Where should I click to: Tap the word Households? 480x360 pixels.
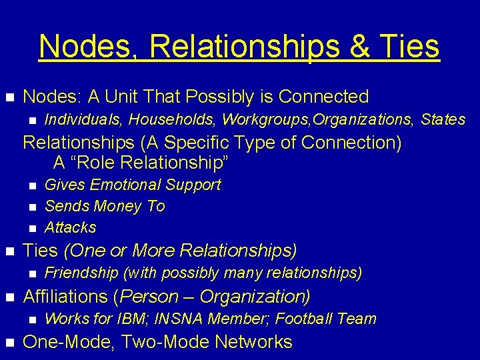coord(174,119)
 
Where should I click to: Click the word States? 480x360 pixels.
coord(443,119)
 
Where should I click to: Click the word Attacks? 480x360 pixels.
coord(70,227)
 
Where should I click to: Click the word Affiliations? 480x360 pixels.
coord(66,297)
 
